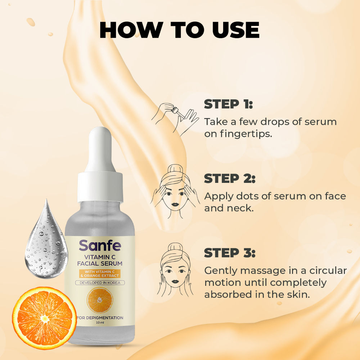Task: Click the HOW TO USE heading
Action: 180,30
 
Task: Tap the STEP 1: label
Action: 228,104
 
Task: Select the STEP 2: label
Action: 230,179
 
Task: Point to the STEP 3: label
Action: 230,253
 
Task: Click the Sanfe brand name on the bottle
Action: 100,246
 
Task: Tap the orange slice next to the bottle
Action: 44,318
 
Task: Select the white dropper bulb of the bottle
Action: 100,149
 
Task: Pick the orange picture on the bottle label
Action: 100,300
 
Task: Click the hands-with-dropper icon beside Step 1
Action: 175,119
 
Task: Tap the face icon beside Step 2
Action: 175,192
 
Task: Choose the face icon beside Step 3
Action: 175,270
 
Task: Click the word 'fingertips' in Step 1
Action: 238,134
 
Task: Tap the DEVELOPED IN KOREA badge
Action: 100,283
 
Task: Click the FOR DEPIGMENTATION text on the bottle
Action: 100,318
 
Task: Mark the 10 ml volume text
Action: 100,323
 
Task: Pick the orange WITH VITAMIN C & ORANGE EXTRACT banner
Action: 100,274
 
